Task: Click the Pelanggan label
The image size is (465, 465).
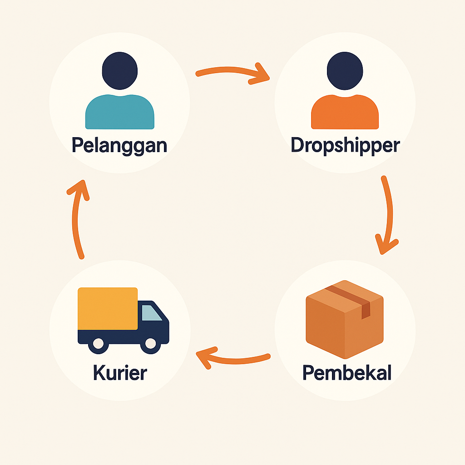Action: point(119,145)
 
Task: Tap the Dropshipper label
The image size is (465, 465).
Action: point(345,145)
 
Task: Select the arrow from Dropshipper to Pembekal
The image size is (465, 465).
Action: point(388,213)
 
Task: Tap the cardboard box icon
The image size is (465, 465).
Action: point(345,325)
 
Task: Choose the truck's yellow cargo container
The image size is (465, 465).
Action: point(108,308)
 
